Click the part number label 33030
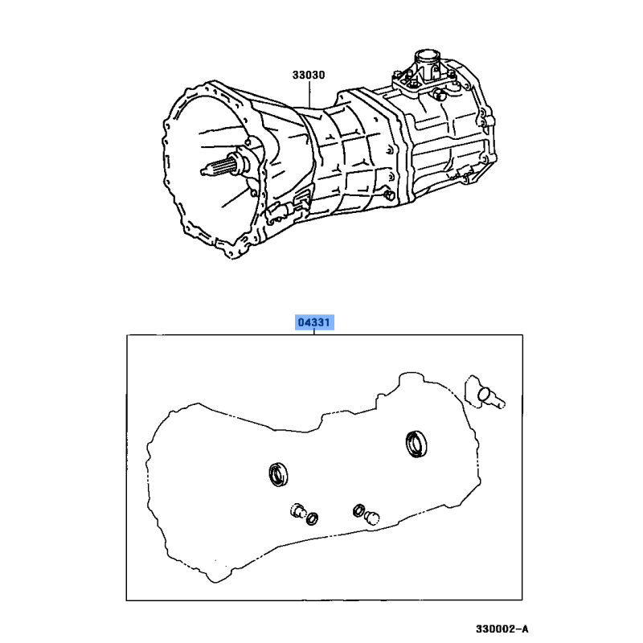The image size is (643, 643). [x=309, y=75]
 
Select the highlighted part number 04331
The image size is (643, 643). [x=314, y=322]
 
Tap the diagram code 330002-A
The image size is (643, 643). [x=502, y=629]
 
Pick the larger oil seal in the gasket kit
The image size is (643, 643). [x=416, y=444]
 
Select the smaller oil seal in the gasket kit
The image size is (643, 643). [x=278, y=474]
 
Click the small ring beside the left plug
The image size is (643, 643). [x=312, y=518]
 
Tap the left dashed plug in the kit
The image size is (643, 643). [x=297, y=510]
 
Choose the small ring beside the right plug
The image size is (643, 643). [x=358, y=510]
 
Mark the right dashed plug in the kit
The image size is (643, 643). [x=372, y=518]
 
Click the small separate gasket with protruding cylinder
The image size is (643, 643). [x=484, y=393]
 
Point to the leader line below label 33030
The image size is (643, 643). [x=309, y=95]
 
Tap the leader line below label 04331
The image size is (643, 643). [x=314, y=332]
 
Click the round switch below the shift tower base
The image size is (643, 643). [x=438, y=94]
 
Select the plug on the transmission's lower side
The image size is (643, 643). [x=389, y=195]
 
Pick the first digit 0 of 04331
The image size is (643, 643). [x=301, y=322]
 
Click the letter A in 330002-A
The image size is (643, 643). [x=525, y=629]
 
